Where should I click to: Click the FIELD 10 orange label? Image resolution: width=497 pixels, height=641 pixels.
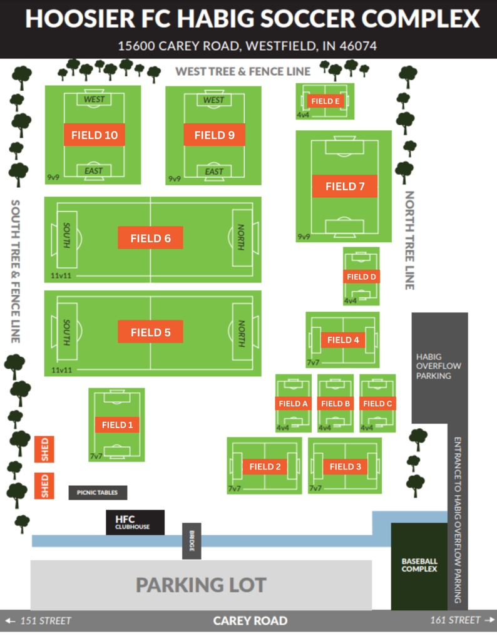pyautogui.click(x=95, y=135)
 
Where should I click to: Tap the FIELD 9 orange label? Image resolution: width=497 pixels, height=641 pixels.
pyautogui.click(x=214, y=135)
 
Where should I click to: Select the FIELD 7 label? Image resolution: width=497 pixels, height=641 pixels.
pyautogui.click(x=344, y=186)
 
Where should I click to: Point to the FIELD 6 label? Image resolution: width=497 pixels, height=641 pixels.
pyautogui.click(x=150, y=238)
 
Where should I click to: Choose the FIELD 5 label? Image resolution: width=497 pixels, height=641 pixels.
pyautogui.click(x=150, y=332)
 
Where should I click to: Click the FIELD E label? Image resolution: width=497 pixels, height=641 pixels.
pyautogui.click(x=325, y=101)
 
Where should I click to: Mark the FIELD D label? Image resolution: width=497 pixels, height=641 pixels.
pyautogui.click(x=362, y=276)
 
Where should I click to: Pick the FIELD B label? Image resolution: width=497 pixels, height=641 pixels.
pyautogui.click(x=336, y=404)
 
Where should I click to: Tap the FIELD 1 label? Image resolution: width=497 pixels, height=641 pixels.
pyautogui.click(x=118, y=424)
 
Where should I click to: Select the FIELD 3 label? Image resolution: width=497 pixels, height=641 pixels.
pyautogui.click(x=346, y=466)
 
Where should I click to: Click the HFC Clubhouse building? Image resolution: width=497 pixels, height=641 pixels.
pyautogui.click(x=135, y=522)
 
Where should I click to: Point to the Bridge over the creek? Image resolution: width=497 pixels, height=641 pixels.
pyautogui.click(x=192, y=541)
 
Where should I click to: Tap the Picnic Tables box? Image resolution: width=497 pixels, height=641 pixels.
pyautogui.click(x=98, y=493)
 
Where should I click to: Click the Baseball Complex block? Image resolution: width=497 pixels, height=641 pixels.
pyautogui.click(x=419, y=566)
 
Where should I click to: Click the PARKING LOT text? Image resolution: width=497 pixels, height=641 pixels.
pyautogui.click(x=201, y=585)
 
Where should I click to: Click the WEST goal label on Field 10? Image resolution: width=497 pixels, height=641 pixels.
pyautogui.click(x=94, y=100)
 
